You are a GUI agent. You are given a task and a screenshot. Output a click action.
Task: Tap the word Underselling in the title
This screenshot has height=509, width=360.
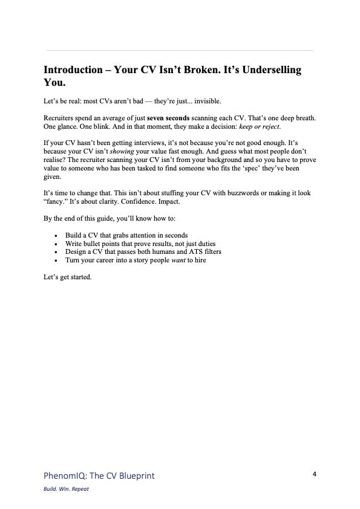[270, 70]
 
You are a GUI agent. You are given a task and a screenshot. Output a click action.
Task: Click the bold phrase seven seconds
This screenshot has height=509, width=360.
[168, 116]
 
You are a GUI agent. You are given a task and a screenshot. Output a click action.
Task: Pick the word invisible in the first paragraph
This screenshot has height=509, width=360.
[203, 100]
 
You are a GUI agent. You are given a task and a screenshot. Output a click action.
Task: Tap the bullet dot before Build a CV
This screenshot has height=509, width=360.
[56, 235]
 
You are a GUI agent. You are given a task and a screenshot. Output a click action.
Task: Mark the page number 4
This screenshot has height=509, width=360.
[315, 474]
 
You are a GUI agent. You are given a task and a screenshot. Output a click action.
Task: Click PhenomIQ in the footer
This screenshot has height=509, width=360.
[66, 476]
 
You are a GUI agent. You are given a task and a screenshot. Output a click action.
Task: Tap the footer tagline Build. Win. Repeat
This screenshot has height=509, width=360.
[67, 489]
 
